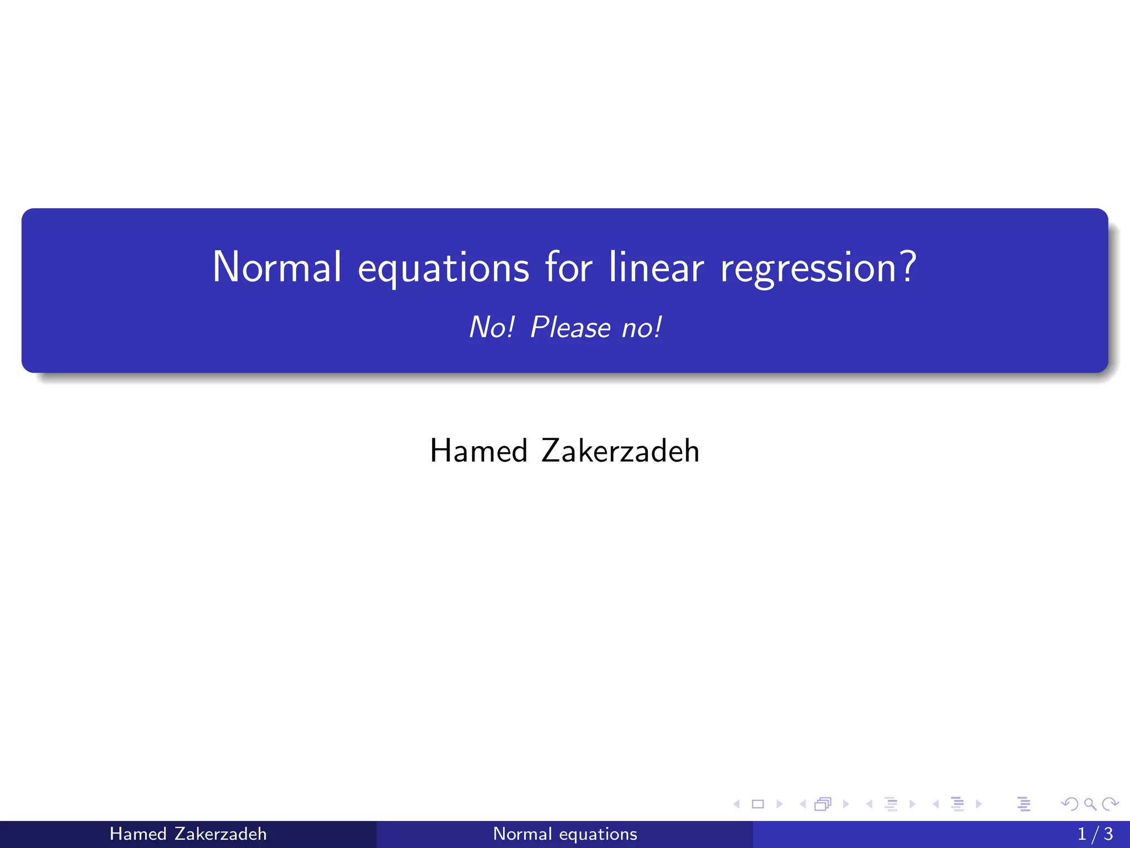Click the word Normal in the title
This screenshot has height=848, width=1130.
point(277,267)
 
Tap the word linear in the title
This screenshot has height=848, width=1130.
point(657,267)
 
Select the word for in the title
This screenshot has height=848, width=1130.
point(568,267)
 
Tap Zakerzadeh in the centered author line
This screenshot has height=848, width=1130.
point(620,451)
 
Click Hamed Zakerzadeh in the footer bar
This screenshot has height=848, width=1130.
point(188,834)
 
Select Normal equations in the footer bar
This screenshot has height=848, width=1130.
point(565,834)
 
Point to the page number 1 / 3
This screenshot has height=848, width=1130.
point(1095,834)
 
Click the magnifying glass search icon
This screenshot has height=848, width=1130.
point(1090,804)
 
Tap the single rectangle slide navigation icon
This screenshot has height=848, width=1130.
point(758,804)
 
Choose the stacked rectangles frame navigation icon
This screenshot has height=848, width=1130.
point(823,804)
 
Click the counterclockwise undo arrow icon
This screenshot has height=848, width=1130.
point(1070,804)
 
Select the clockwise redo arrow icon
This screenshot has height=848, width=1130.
point(1110,804)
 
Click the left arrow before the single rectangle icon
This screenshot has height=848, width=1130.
point(737,804)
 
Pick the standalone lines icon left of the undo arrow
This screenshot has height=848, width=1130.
point(1024,804)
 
